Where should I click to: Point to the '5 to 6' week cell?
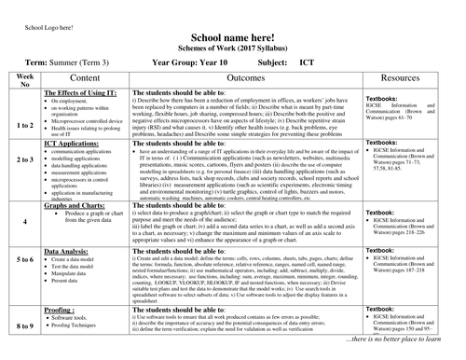click(x=25, y=258)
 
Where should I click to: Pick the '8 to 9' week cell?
click(x=25, y=325)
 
